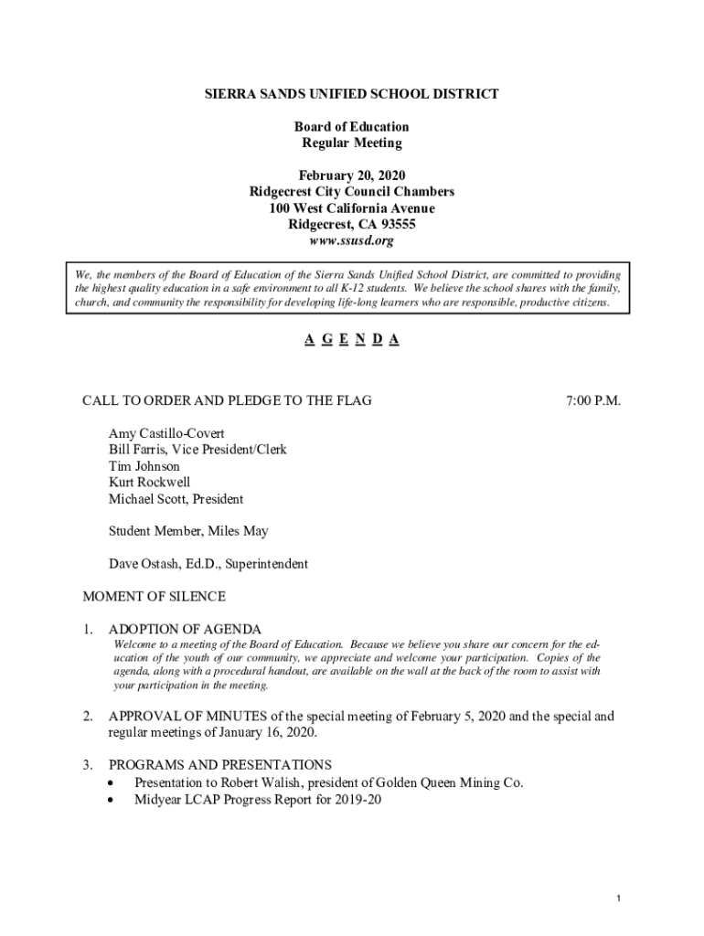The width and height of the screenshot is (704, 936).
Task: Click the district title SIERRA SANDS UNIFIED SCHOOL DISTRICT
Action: pyautogui.click(x=352, y=94)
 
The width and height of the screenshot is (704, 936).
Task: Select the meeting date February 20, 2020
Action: pyautogui.click(x=352, y=175)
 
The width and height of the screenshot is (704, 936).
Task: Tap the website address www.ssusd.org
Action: pyautogui.click(x=352, y=241)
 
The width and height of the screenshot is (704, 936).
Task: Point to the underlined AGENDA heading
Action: pyautogui.click(x=352, y=340)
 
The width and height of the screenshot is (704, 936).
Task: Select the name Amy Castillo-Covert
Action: pyautogui.click(x=166, y=433)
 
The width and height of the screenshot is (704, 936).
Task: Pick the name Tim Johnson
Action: pyautogui.click(x=144, y=466)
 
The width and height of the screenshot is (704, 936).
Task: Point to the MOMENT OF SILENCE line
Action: pyautogui.click(x=154, y=597)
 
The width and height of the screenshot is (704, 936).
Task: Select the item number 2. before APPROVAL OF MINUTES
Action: pyautogui.click(x=88, y=717)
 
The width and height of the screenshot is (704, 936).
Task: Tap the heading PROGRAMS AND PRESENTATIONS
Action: pyautogui.click(x=220, y=764)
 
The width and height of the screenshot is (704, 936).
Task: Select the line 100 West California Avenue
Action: pyautogui.click(x=352, y=208)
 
